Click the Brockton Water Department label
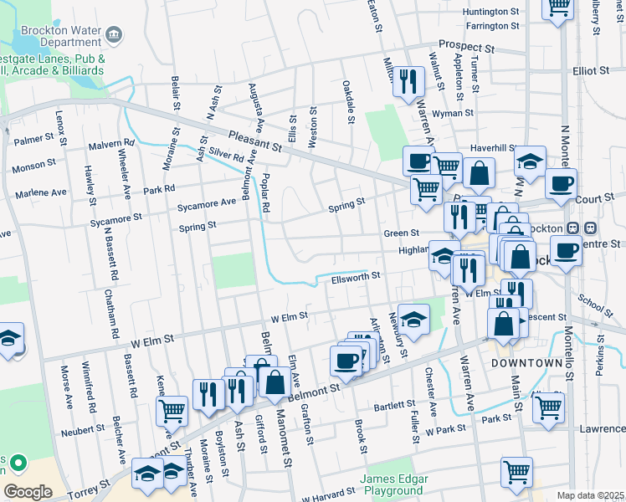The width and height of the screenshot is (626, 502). click(54, 34)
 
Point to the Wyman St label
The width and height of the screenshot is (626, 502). click(453, 112)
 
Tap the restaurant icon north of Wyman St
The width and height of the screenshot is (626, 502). click(408, 81)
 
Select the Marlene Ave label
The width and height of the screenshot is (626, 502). click(39, 193)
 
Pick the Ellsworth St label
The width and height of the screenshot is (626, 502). click(356, 275)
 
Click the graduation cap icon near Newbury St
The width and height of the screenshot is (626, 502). click(413, 318)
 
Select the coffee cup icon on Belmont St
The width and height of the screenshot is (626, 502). click(346, 360)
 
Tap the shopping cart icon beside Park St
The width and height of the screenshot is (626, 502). click(548, 407)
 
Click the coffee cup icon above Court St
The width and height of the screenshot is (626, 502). click(562, 182)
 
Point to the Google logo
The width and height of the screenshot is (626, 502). click(28, 491)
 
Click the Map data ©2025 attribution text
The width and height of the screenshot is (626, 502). click(590, 495)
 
